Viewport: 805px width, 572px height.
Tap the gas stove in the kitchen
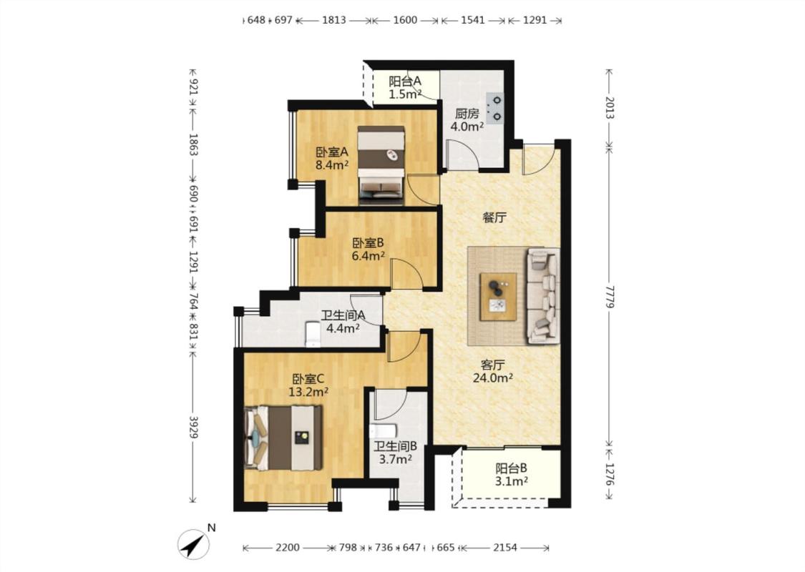point(495,108)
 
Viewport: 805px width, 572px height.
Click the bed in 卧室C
point(283,438)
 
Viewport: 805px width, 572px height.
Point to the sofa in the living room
point(543,295)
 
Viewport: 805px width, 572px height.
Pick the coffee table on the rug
point(498,297)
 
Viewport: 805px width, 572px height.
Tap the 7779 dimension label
point(609,297)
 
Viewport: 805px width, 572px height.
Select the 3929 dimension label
point(193,427)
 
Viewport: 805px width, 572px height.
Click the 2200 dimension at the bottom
point(287,548)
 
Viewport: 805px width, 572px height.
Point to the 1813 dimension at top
point(333,20)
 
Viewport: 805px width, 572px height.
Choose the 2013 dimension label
point(609,108)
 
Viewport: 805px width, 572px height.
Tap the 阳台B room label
point(511,468)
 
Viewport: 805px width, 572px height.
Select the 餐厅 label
point(494,217)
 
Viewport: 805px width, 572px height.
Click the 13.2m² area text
point(308,393)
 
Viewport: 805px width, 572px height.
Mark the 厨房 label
point(467,114)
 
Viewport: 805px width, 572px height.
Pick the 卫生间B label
point(395,446)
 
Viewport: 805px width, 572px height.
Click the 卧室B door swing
point(406,273)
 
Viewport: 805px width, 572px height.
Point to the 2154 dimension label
point(505,548)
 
